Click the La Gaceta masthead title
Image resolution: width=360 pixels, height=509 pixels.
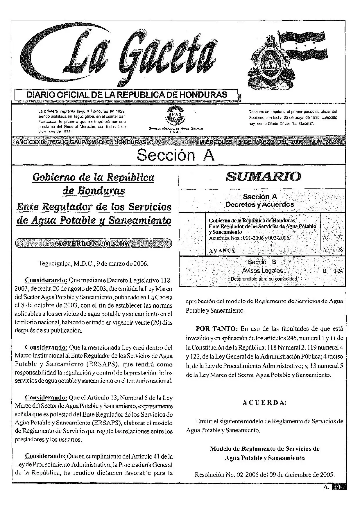122,55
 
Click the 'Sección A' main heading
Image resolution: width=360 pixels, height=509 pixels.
175,155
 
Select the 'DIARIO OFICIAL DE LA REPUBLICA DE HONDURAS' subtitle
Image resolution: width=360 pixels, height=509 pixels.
127,95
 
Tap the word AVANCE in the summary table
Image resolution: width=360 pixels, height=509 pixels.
222,250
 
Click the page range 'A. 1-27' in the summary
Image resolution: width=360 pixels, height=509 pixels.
333,238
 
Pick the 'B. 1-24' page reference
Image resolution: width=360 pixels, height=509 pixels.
333,271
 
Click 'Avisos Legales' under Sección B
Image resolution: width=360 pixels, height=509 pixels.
262,271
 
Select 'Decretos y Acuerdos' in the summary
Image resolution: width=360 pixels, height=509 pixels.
260,204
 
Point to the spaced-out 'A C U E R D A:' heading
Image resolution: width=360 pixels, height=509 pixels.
264,403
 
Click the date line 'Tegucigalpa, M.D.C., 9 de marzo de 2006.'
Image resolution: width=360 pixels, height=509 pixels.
94,264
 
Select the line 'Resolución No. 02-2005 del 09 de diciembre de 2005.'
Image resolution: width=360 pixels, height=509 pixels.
264,475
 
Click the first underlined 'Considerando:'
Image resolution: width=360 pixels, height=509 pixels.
46,280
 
